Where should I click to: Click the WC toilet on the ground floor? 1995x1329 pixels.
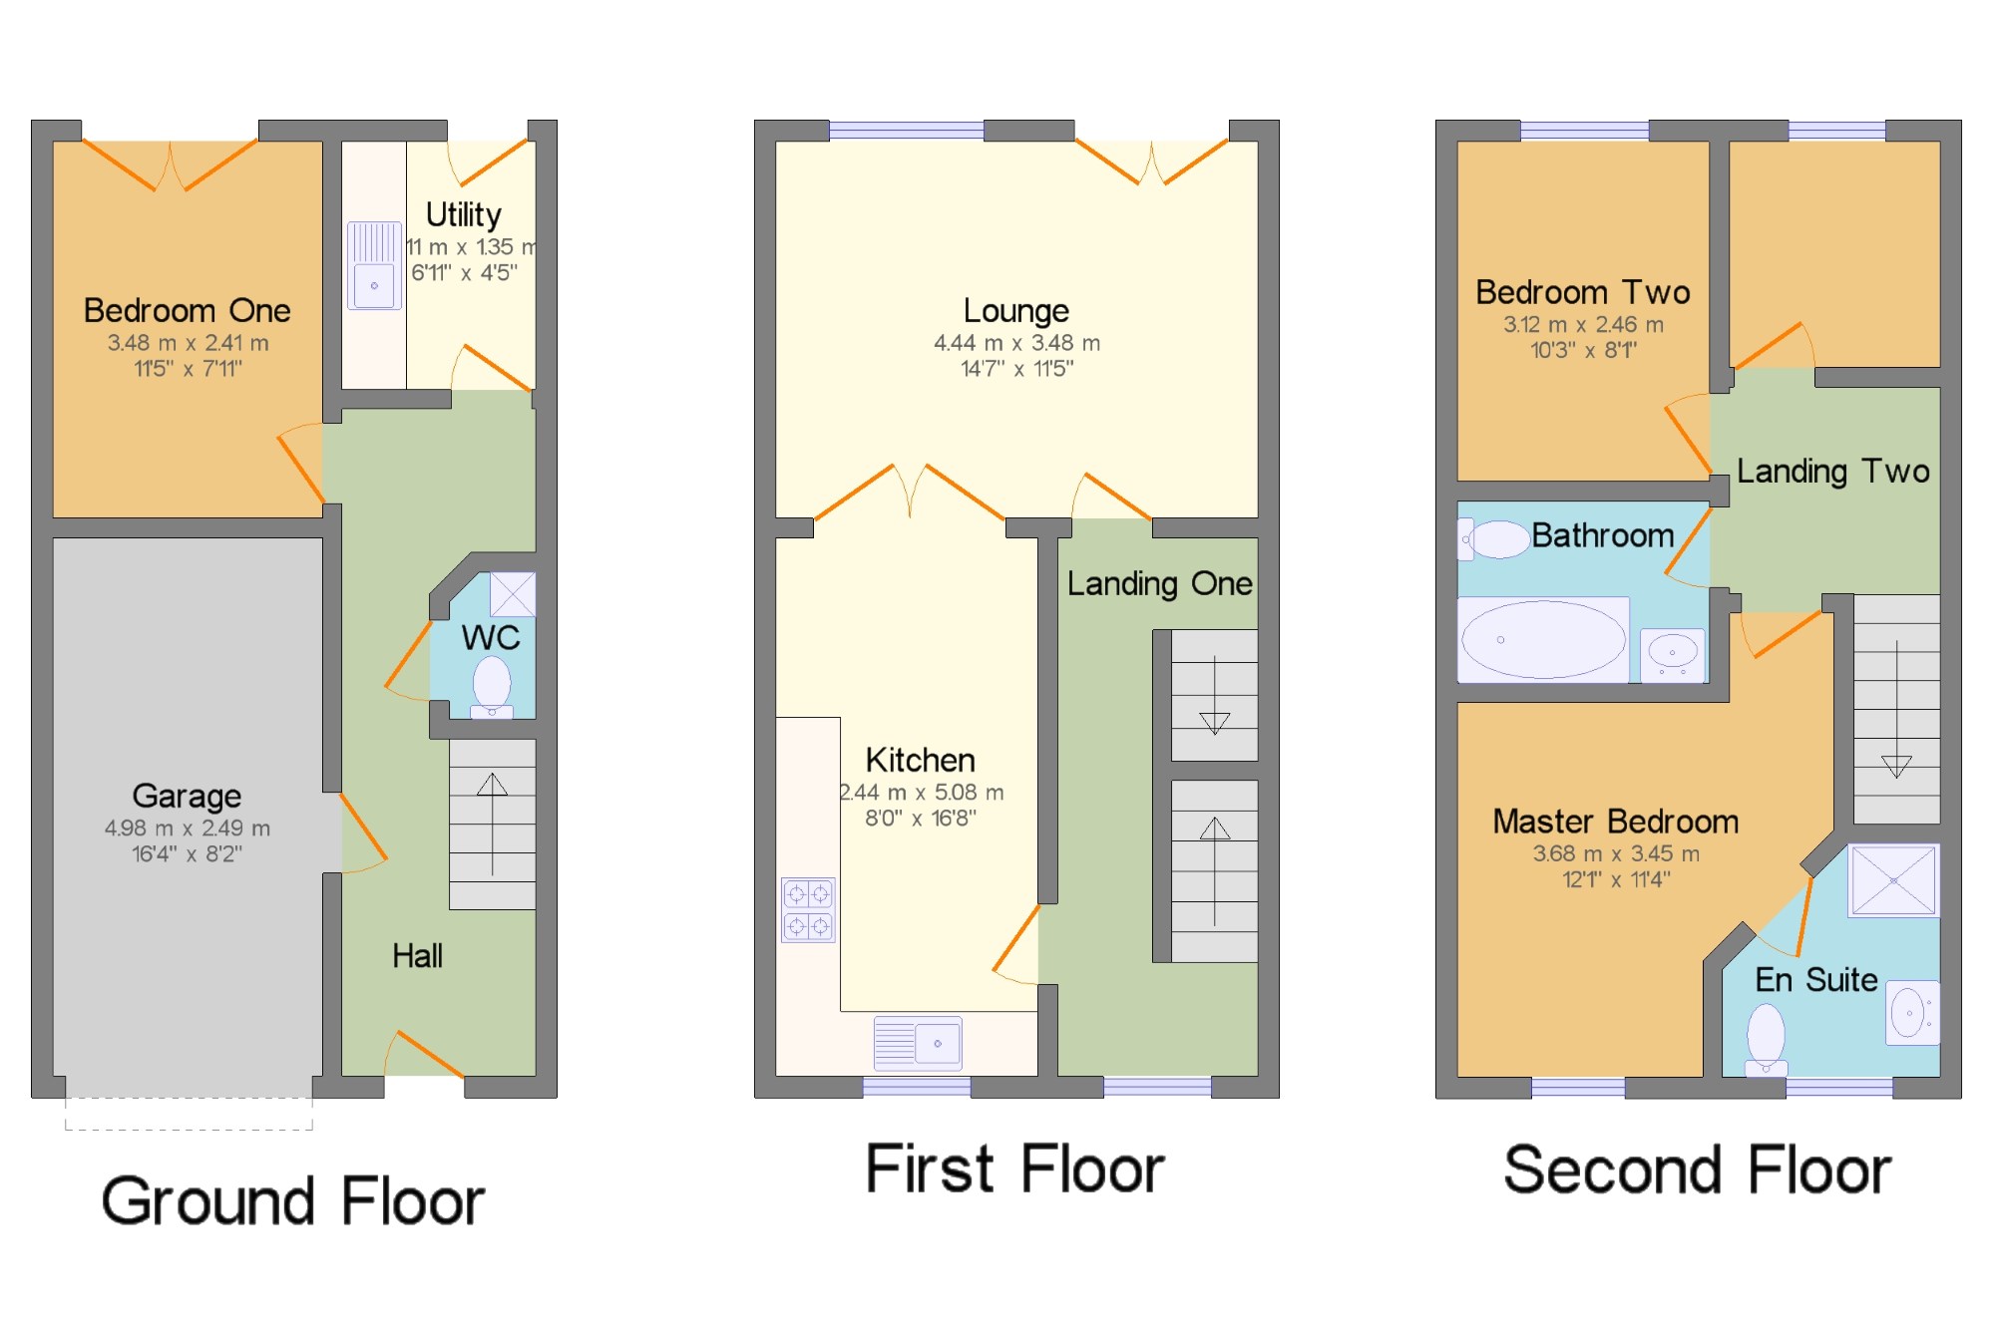click(491, 688)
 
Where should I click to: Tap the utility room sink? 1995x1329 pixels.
click(374, 265)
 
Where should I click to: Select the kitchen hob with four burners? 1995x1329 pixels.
click(808, 910)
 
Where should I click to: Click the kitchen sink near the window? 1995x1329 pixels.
click(918, 1043)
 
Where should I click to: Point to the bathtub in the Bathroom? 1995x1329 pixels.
click(1543, 640)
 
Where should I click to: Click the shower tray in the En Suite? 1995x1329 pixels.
click(1893, 880)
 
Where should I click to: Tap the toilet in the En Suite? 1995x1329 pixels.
click(1766, 1040)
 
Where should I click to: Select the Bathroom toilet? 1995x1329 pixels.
click(1493, 539)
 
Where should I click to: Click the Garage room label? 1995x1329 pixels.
click(187, 796)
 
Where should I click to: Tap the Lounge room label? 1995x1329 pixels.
click(1015, 311)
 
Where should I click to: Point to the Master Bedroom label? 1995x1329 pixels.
click(1615, 822)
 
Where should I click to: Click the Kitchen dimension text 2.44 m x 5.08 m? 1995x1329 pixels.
click(921, 793)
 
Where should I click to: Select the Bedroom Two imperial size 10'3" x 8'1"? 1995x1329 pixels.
click(1583, 350)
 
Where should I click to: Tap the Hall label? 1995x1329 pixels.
click(417, 956)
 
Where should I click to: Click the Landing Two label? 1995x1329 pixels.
click(1832, 472)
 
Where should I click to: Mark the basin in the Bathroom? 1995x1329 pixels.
click(1673, 654)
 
